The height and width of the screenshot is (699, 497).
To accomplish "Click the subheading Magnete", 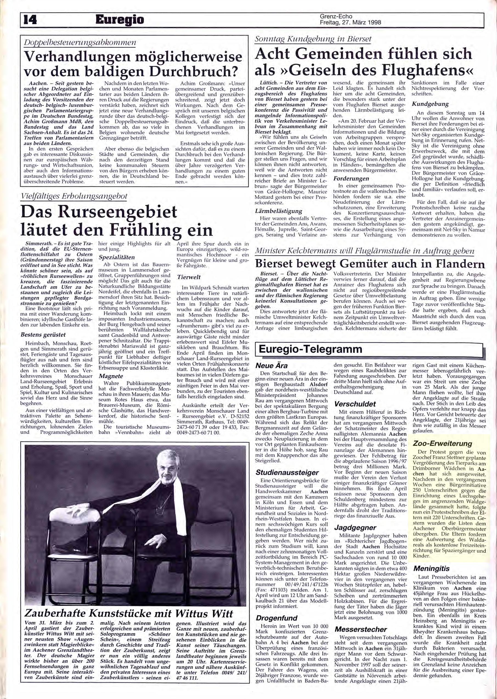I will click(x=111, y=376).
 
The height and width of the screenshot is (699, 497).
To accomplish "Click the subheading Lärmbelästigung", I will click(x=278, y=211).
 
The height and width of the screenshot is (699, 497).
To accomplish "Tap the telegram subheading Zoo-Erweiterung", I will click(x=438, y=443).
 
